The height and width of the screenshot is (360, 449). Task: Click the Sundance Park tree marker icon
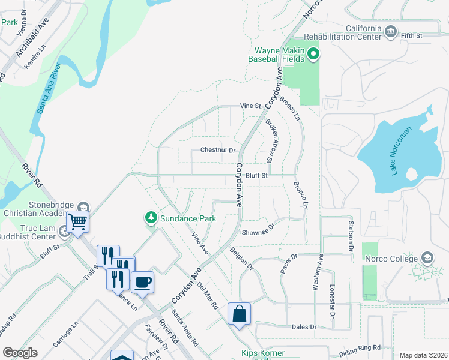151,217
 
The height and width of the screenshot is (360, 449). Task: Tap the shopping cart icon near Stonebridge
78,221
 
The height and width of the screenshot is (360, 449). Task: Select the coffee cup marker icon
142,282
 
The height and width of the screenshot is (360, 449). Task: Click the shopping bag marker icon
239,313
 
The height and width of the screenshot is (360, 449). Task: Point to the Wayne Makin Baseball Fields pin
313,55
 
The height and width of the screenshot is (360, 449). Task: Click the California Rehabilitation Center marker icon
391,31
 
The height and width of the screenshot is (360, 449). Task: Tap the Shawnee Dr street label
258,230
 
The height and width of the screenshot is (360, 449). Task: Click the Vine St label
250,106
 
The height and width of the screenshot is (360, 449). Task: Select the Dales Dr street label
304,327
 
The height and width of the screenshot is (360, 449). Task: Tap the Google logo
20,353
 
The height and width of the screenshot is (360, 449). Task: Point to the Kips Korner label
262,353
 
